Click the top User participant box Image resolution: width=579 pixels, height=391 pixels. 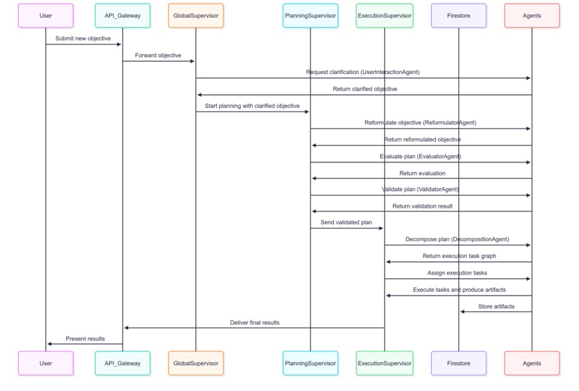click(45, 15)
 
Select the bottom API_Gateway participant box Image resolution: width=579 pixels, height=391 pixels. click(122, 363)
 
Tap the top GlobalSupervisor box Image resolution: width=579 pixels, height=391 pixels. click(195, 15)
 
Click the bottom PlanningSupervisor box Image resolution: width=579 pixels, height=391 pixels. click(310, 363)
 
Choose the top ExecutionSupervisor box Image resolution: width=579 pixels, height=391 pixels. click(384, 15)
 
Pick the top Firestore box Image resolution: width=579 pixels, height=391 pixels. click(458, 15)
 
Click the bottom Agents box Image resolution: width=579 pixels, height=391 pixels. click(532, 363)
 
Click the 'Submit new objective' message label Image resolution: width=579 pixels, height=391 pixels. click(83, 38)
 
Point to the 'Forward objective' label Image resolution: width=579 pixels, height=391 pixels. click(158, 55)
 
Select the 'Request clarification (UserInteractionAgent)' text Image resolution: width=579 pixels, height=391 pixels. click(363, 72)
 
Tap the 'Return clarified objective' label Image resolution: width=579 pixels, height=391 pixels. click(364, 89)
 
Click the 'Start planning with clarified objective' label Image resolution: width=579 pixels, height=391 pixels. click(252, 106)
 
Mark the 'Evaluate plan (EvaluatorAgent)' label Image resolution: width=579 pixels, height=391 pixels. click(420, 156)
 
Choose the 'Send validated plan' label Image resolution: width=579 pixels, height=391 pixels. click(346, 222)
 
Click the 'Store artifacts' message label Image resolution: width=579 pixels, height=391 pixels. click(496, 306)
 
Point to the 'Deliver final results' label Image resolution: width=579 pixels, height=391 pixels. click(254, 323)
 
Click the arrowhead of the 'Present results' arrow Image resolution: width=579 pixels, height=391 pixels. click(50, 344)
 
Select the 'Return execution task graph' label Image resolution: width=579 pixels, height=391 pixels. click(458, 256)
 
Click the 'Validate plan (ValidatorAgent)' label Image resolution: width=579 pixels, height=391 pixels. click(420, 189)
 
